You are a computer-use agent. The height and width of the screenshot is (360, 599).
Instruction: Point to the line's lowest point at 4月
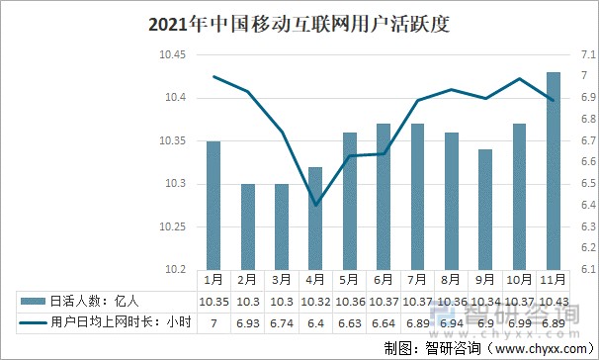(x=315, y=205)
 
